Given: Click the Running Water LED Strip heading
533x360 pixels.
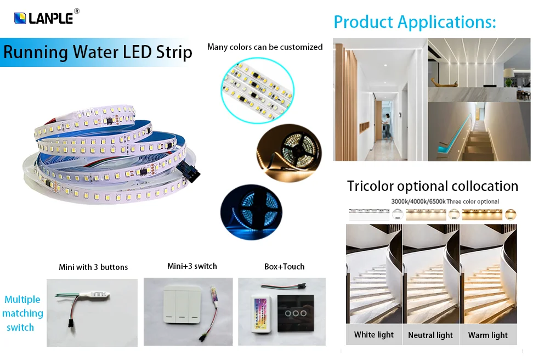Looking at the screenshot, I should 98,52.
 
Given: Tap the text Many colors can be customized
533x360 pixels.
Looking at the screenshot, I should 265,47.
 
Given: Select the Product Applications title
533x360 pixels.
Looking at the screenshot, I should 415,22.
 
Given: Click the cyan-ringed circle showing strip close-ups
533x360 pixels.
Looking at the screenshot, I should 257,89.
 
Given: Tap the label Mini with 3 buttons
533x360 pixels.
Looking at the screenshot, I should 93,267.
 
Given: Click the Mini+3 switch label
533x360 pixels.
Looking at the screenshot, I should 192,266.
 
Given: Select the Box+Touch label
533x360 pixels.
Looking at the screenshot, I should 284,267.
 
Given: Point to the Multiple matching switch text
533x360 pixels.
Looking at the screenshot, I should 22,313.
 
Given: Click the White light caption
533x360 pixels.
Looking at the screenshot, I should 373,335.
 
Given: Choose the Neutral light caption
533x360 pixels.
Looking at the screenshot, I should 430,335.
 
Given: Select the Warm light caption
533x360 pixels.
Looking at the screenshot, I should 487,335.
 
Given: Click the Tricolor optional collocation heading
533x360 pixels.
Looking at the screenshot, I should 432,186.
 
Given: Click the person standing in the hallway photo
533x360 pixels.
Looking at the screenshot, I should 387,125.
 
